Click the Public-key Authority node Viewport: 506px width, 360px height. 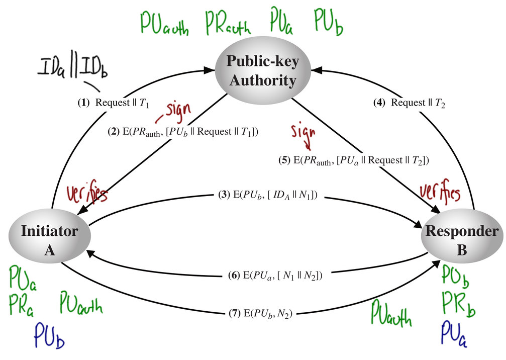pos(263,71)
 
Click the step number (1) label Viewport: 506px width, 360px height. pos(83,103)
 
